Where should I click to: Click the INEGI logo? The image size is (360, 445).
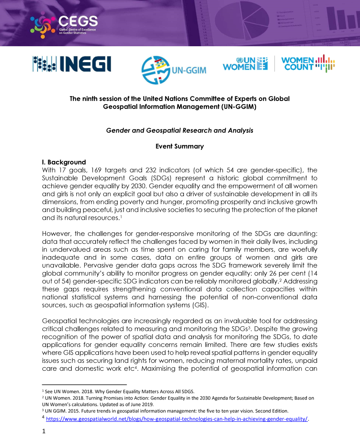pyautogui.click(x=72, y=64)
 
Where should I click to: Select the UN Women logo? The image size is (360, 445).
pyautogui.click(x=245, y=64)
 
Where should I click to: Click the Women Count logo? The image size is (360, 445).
pyautogui.click(x=308, y=64)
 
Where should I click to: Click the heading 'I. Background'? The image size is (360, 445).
pyautogui.click(x=64, y=162)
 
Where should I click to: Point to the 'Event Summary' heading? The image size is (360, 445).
pyautogui.click(x=179, y=146)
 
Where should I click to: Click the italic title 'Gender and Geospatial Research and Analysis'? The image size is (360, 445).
pyautogui.click(x=179, y=130)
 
